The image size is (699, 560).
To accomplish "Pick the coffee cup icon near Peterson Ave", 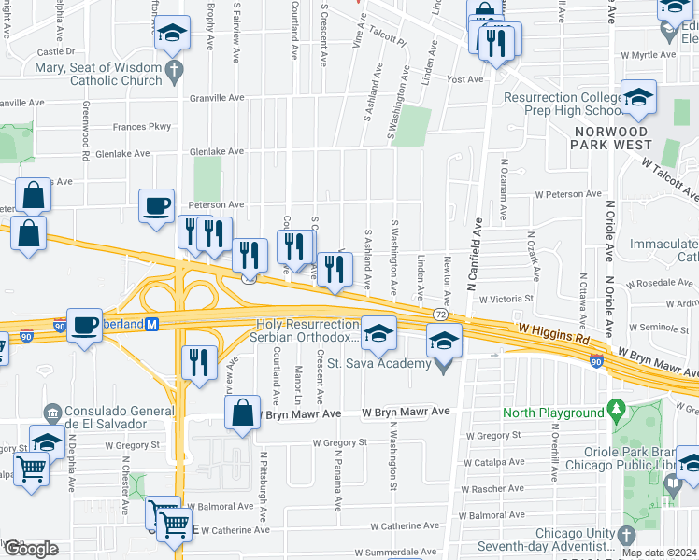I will click(x=156, y=204).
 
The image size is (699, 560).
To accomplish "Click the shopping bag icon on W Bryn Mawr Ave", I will click(x=242, y=413).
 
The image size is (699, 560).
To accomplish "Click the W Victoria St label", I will click(x=505, y=300).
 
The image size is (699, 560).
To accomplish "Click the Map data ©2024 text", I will click(x=658, y=553).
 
